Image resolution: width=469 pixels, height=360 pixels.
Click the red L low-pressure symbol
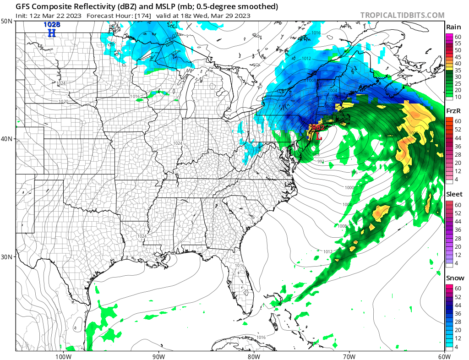(319, 136)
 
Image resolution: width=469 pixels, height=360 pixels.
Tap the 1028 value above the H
(52, 24)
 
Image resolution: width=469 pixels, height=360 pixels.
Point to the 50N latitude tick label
(7, 22)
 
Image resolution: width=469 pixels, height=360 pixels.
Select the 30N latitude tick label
(7, 256)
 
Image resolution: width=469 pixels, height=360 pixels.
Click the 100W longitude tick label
(63, 356)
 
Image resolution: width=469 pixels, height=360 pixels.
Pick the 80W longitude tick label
(254, 356)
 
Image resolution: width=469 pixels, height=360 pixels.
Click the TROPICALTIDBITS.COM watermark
(402, 15)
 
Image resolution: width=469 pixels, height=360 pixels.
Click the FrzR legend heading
(454, 111)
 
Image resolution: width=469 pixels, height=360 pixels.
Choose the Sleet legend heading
(454, 194)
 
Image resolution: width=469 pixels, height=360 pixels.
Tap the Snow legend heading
(454, 278)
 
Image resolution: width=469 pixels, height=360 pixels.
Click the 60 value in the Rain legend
(457, 36)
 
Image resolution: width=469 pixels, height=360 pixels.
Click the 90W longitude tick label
(158, 356)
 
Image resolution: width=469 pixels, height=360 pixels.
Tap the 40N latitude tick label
(7, 139)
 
